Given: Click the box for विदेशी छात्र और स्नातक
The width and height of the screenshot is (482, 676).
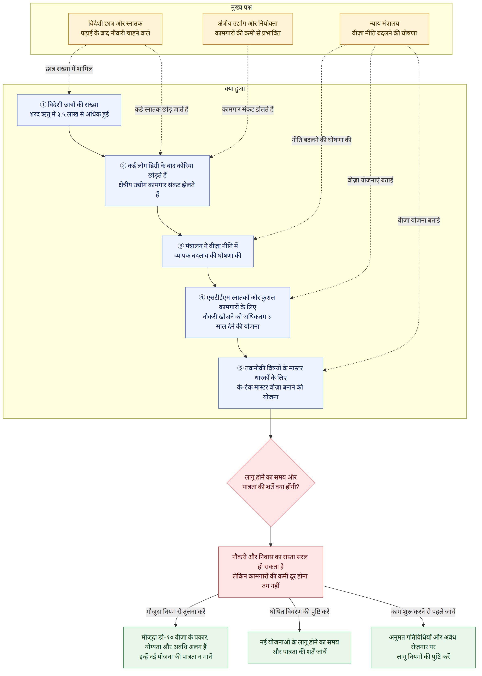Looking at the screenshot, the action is click(115, 29).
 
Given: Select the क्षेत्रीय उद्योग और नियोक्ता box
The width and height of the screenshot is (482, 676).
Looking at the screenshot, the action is click(248, 29).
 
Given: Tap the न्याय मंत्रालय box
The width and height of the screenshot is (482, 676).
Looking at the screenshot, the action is click(384, 29).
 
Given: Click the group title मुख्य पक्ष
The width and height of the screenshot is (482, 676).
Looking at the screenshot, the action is click(241, 7).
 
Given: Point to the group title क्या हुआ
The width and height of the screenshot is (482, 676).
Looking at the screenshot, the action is click(235, 89).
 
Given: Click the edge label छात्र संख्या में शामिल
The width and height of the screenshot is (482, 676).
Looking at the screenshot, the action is click(69, 69).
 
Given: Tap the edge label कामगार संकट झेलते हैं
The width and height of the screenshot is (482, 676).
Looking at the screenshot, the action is click(248, 109).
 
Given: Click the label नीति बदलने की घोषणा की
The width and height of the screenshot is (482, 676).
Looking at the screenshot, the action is click(321, 140).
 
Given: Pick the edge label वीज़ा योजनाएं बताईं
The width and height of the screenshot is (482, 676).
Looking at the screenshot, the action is click(370, 180).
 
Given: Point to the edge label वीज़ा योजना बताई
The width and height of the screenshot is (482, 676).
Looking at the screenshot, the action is click(419, 220).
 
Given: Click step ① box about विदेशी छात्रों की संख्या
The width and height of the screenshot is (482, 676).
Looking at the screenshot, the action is click(69, 110).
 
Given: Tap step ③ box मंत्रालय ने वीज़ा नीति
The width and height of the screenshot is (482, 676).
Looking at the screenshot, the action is click(208, 251).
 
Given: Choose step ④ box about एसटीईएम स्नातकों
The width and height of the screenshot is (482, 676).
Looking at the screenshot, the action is click(238, 312).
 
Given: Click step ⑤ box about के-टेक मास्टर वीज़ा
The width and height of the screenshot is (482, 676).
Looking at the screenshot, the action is click(271, 383).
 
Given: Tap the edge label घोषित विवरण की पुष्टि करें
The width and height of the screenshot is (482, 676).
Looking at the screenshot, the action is click(299, 612).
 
